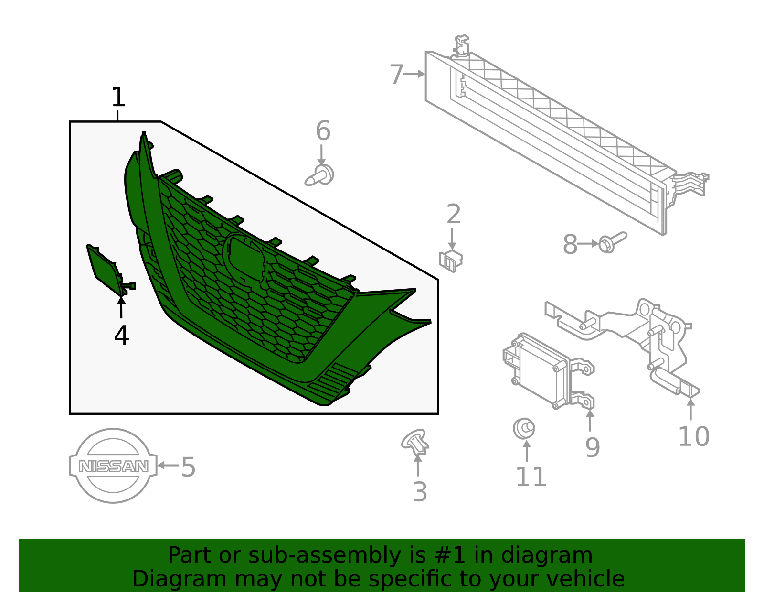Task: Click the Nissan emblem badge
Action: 113,466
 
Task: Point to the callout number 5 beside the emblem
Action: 188,467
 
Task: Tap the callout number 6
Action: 323,130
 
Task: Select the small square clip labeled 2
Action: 450,261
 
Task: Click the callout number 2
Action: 453,214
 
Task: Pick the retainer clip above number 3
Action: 415,442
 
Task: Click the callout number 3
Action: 420,492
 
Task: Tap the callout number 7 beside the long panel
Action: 396,75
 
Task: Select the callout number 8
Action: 570,244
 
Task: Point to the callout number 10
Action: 693,436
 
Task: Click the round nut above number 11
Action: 523,428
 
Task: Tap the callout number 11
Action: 531,477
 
